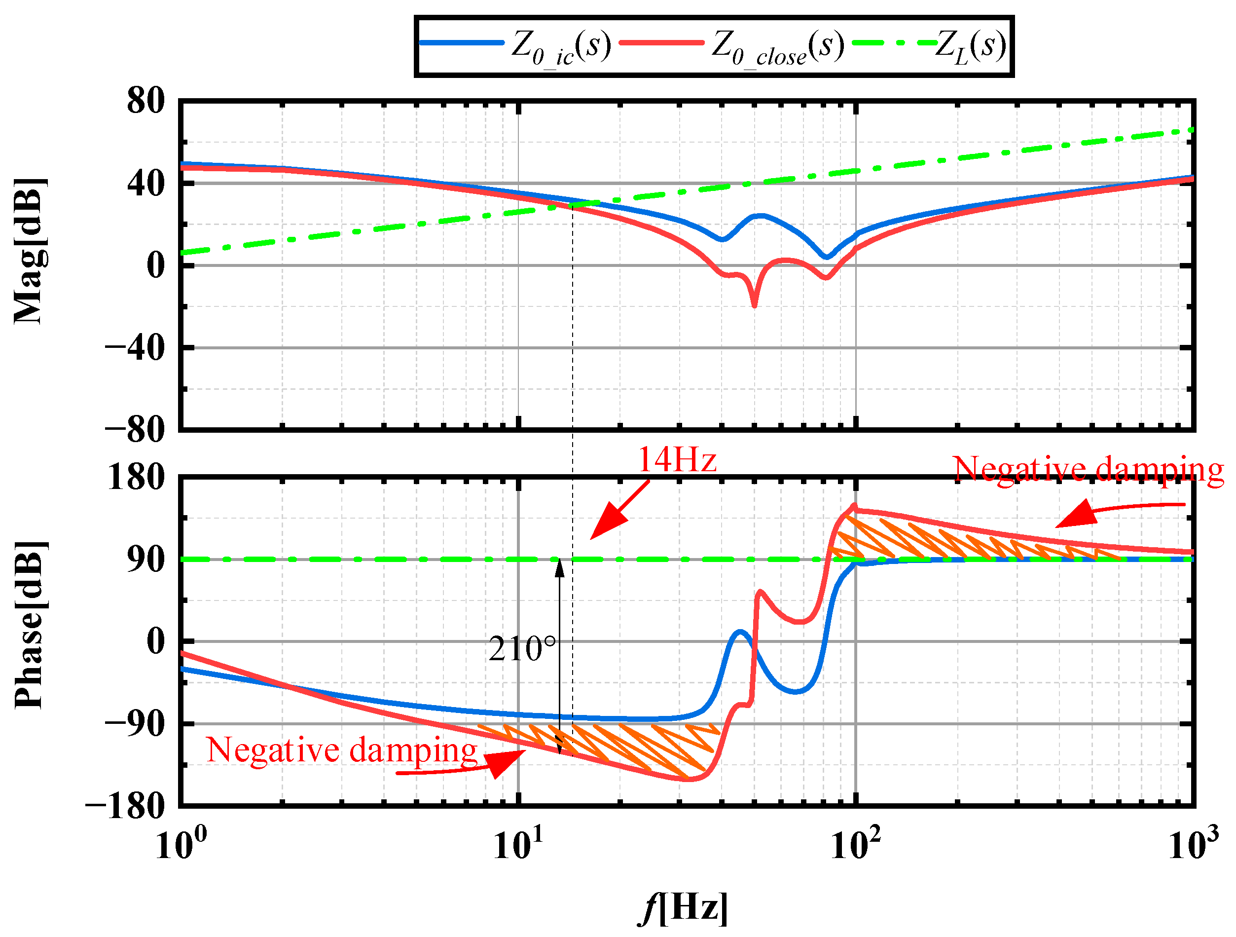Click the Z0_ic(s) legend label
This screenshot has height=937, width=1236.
(560, 46)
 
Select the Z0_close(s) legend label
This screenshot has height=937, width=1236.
(777, 46)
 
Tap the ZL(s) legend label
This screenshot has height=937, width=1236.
(971, 46)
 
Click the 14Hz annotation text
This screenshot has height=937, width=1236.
(677, 460)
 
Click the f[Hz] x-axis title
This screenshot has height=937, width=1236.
(683, 907)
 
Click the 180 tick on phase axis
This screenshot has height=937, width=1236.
(136, 478)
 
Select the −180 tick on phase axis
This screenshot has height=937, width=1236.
(125, 806)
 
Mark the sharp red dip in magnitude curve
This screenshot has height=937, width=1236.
(754, 305)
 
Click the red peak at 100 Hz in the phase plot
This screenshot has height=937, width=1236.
(854, 506)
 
